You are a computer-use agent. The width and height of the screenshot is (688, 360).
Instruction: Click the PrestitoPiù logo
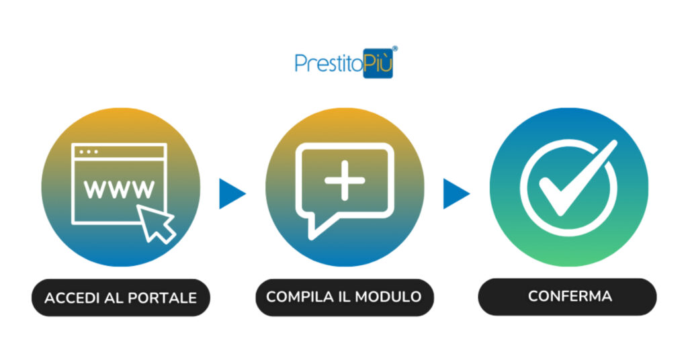346,62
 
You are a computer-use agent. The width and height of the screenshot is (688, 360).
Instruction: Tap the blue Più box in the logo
378,64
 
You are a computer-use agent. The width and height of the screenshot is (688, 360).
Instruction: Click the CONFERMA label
570,296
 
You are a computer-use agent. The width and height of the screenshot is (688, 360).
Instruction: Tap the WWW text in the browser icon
120,189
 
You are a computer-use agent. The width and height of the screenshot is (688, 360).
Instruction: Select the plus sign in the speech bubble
345,180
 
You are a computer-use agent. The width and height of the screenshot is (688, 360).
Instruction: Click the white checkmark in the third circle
578,178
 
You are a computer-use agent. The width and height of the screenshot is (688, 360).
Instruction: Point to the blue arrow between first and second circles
232,193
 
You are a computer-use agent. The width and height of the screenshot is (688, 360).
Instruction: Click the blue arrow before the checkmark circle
457,193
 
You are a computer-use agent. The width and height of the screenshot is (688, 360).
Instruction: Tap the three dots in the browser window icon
89,152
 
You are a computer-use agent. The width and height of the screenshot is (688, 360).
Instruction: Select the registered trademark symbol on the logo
395,48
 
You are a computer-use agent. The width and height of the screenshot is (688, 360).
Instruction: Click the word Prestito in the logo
329,63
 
